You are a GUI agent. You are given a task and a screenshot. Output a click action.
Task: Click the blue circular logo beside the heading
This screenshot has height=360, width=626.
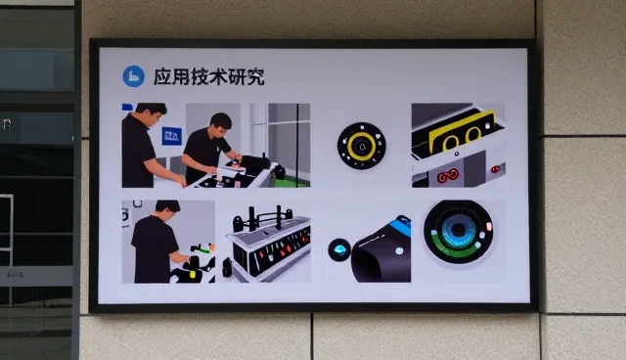[133, 76]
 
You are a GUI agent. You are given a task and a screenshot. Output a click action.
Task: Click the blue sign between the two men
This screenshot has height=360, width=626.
[172, 136]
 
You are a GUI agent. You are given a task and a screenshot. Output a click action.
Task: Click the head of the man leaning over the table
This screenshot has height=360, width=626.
[221, 124]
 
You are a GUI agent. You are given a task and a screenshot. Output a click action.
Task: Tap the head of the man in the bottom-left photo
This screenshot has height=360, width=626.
[167, 210]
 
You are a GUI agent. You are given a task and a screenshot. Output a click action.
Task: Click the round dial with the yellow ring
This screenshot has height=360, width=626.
[361, 146]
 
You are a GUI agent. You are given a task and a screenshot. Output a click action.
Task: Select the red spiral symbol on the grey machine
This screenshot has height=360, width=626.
[448, 176]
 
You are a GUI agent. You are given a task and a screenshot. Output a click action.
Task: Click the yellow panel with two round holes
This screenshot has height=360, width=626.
[462, 132]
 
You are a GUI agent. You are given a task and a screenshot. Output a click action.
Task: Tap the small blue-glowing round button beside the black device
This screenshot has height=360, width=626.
[339, 249]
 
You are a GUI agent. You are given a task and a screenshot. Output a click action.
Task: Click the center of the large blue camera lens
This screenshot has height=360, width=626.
[459, 229]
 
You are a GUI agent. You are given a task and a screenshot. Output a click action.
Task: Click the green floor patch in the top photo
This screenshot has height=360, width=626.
[291, 182]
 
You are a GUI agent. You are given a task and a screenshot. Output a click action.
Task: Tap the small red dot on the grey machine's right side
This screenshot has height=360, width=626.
[495, 169]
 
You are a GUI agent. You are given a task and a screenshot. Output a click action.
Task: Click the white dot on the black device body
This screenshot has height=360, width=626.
[399, 251]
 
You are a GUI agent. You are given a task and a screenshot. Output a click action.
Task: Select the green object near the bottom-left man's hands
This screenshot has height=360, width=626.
[202, 249]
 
